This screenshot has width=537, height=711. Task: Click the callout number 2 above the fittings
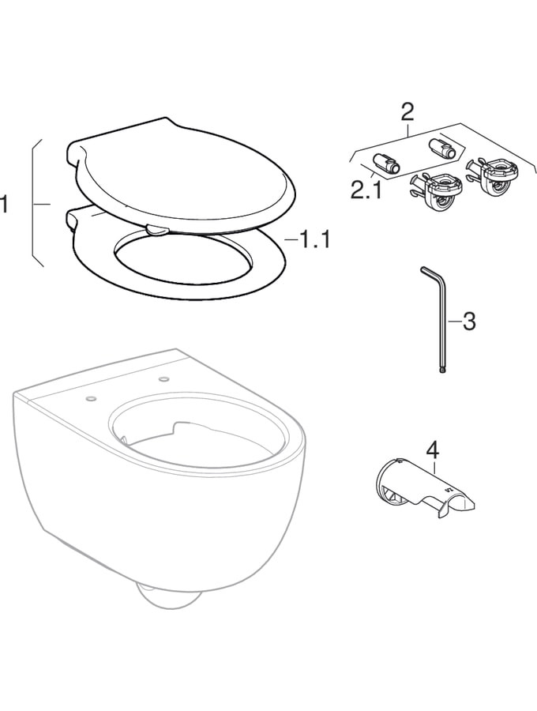407,111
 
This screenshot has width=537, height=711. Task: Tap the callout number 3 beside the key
469,322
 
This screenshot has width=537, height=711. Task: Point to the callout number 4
434,450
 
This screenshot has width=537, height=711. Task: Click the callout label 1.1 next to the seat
315,239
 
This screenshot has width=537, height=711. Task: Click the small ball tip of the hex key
443,371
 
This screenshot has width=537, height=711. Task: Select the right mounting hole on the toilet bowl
163,378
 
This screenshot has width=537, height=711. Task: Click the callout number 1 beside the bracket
4,204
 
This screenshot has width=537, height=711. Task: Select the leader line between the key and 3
455,322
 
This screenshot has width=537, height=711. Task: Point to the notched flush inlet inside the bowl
190,427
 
